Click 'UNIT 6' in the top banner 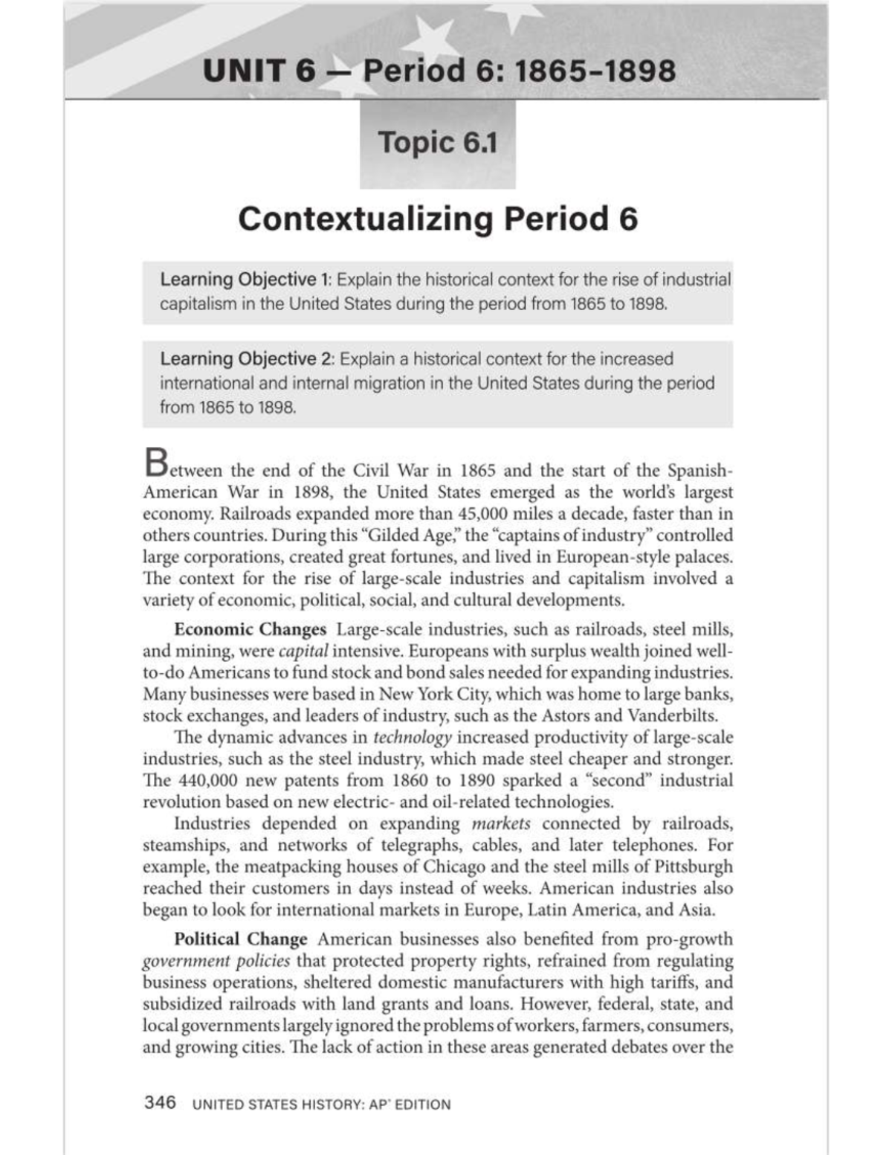point(258,71)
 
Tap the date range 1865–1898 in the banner point(595,71)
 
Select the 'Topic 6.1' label point(437,142)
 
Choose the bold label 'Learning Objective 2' point(245,358)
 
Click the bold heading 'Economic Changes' point(250,629)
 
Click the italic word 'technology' point(412,738)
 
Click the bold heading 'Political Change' point(240,939)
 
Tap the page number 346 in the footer point(160,1102)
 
